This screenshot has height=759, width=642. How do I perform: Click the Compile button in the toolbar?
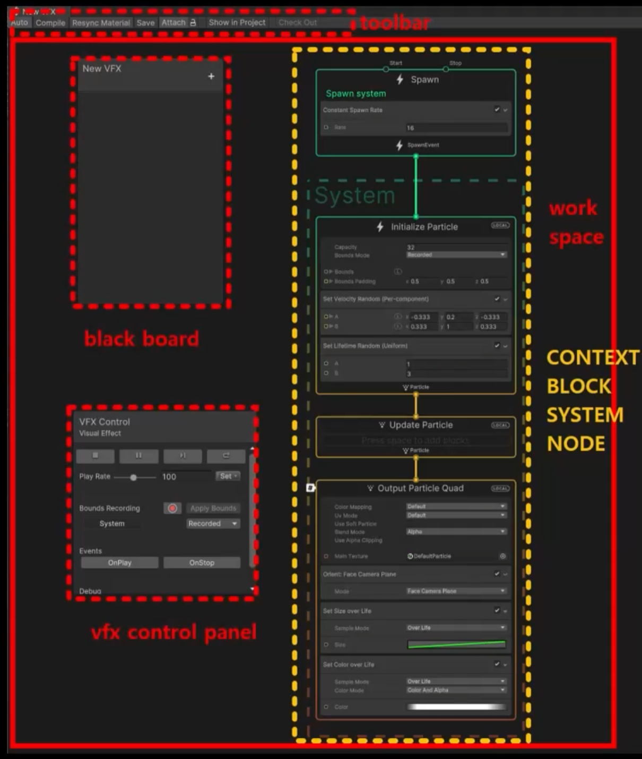pyautogui.click(x=50, y=23)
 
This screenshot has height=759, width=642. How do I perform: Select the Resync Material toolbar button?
pyautogui.click(x=101, y=23)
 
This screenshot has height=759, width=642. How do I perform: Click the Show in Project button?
pyautogui.click(x=237, y=22)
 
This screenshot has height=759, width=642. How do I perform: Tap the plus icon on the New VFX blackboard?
pyautogui.click(x=211, y=76)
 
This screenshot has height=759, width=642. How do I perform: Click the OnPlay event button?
pyautogui.click(x=119, y=562)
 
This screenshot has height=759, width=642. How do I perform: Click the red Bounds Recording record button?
pyautogui.click(x=172, y=508)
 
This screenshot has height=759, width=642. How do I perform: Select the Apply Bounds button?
pyautogui.click(x=213, y=508)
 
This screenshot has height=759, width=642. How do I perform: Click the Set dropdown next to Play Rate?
pyautogui.click(x=228, y=476)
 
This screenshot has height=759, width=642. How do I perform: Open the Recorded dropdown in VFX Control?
pyautogui.click(x=213, y=524)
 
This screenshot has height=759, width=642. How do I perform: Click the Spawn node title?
pyautogui.click(x=424, y=80)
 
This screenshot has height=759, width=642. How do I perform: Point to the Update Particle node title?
pyautogui.click(x=420, y=425)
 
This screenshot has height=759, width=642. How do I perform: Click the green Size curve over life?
pyautogui.click(x=456, y=644)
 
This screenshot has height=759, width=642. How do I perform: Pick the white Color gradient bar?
pyautogui.click(x=456, y=707)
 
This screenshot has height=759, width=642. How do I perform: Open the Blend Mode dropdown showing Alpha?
pyautogui.click(x=456, y=532)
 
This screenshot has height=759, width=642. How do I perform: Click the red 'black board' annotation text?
pyautogui.click(x=142, y=339)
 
